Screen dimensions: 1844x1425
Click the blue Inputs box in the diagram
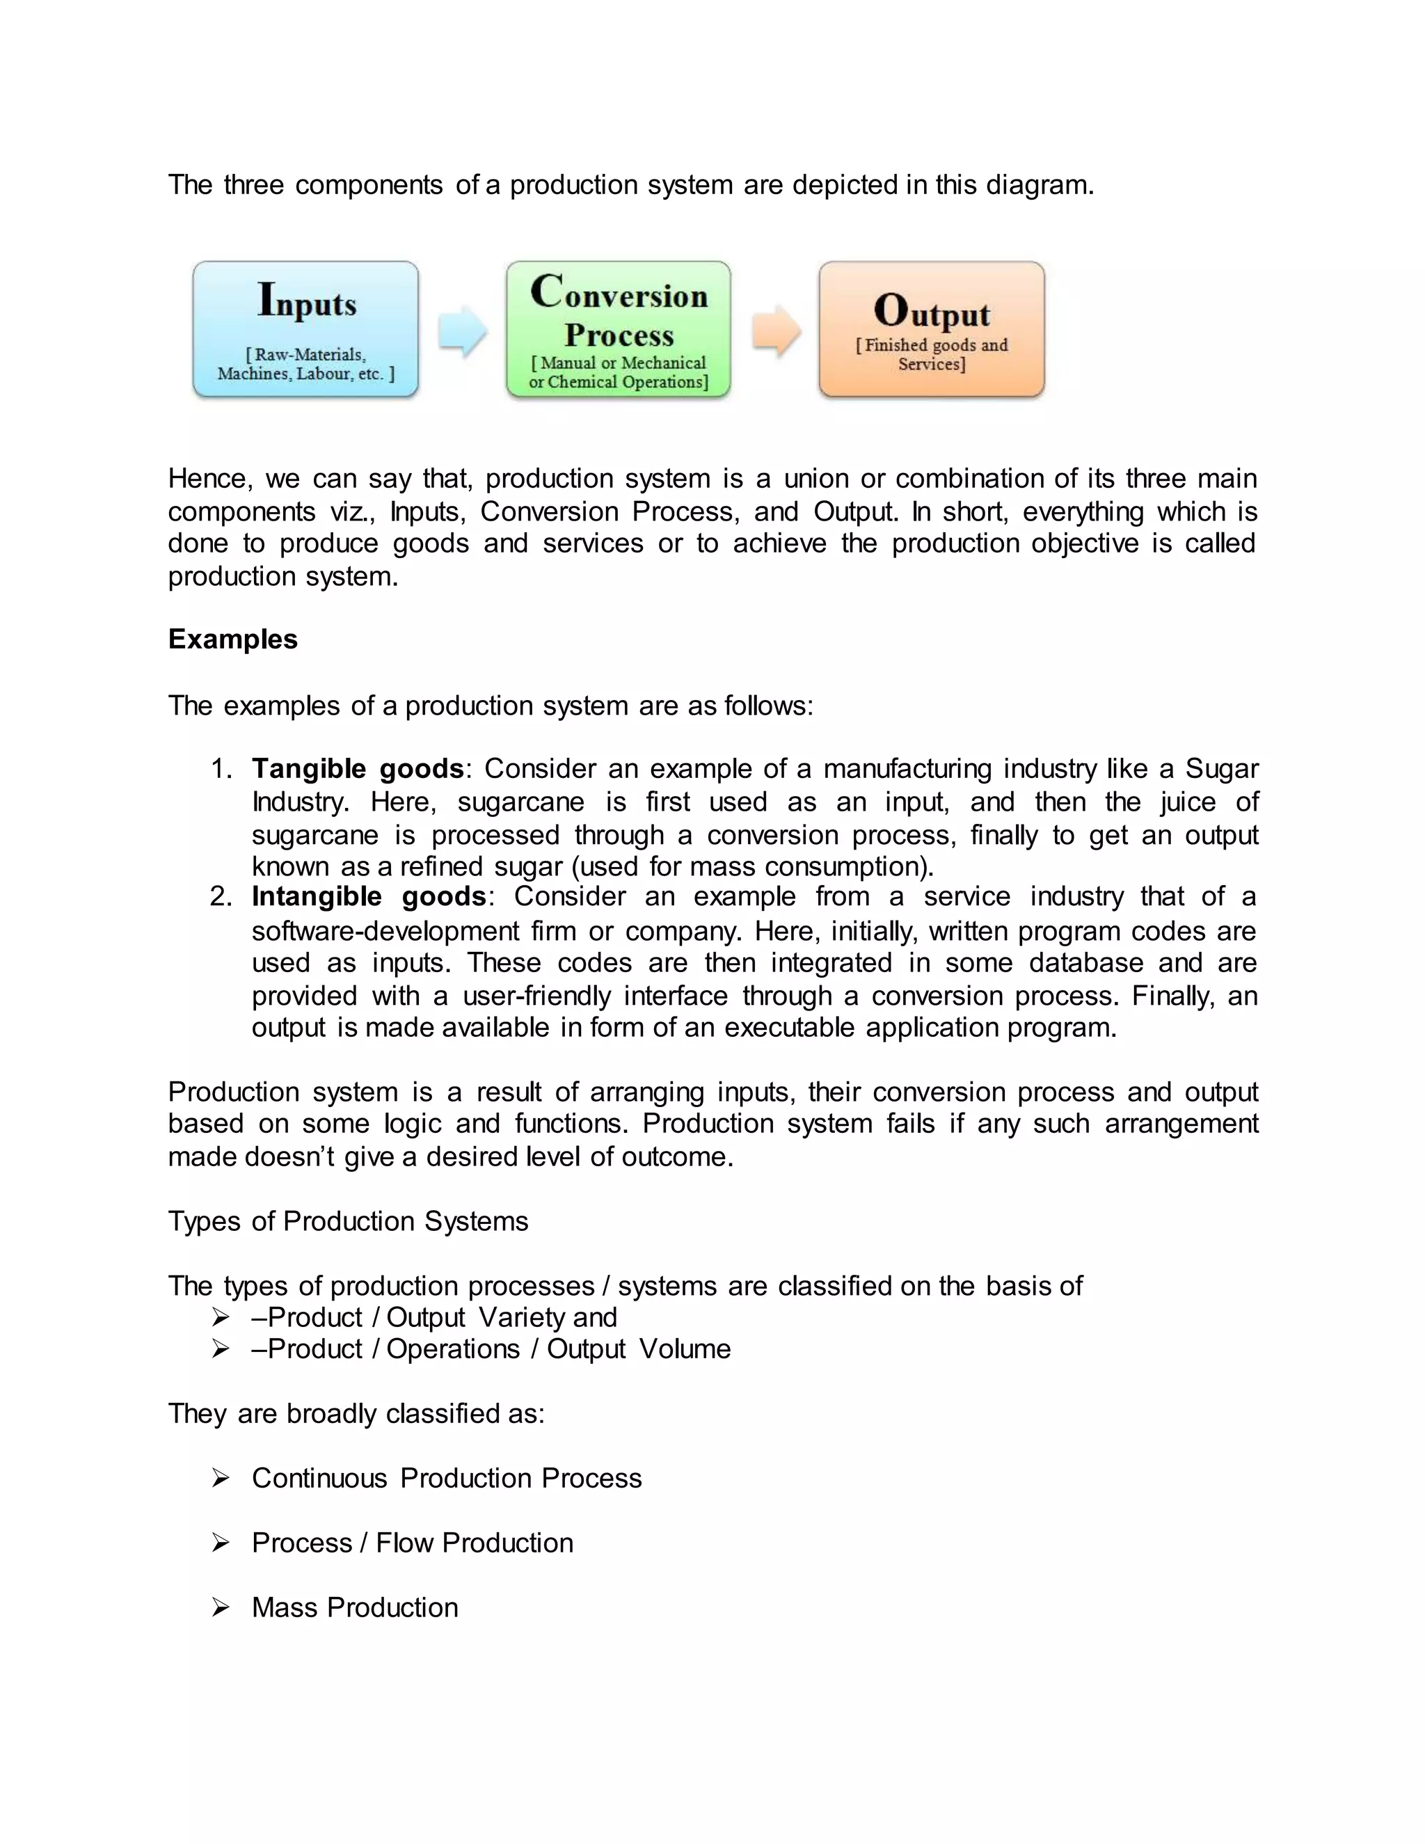(305, 329)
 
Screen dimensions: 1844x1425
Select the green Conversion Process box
(618, 329)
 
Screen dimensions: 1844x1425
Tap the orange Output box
(931, 329)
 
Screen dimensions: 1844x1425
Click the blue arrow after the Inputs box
(462, 331)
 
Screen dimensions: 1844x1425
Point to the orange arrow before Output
(775, 331)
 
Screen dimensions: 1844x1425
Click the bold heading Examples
(233, 639)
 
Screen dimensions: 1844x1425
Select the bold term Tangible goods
(358, 769)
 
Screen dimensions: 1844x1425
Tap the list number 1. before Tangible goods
(221, 769)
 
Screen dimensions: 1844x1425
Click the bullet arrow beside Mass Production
(221, 1607)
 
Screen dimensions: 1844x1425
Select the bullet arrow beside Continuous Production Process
(221, 1479)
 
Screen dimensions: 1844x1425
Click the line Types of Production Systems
(348, 1222)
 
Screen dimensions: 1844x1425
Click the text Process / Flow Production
(412, 1543)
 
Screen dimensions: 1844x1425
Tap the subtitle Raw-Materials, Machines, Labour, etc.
(305, 365)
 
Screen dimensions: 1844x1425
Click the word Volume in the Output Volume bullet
(684, 1349)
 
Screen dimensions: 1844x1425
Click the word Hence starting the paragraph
(209, 479)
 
